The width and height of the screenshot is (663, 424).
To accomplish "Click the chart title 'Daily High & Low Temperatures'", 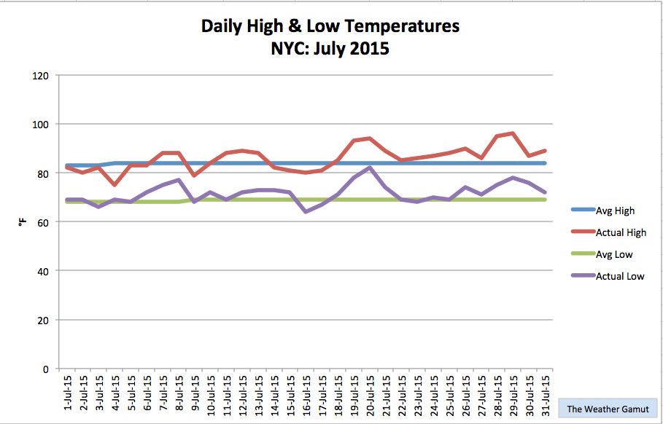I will [x=330, y=27].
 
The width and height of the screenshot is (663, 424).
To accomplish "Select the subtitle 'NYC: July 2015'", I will [x=330, y=50].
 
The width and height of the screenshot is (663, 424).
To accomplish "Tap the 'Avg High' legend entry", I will [x=615, y=211].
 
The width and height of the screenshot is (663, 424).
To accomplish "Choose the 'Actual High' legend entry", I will [x=621, y=232].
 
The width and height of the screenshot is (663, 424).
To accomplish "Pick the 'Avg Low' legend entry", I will [x=614, y=254].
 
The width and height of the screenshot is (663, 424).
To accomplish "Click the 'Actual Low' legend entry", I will [x=620, y=276].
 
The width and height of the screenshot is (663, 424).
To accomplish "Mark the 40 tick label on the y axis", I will [x=43, y=271].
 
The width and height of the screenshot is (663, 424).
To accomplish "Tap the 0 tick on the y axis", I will [x=46, y=369].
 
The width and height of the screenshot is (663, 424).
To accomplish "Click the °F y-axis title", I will [x=23, y=221].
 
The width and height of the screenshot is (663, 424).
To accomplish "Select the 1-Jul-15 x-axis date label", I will [x=67, y=393].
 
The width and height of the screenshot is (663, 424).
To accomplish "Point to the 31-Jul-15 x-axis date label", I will [x=544, y=393].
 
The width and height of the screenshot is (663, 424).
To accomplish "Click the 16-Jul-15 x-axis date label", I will [x=306, y=393].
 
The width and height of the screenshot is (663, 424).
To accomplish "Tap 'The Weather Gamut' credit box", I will [x=608, y=409].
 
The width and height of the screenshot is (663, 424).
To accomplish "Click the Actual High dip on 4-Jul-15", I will [x=115, y=185].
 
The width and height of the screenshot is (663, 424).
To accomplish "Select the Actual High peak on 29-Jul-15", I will [x=513, y=133].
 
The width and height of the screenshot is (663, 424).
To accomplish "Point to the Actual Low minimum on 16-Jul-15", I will [x=306, y=212].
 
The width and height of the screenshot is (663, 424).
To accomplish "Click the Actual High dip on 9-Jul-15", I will [x=194, y=176].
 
